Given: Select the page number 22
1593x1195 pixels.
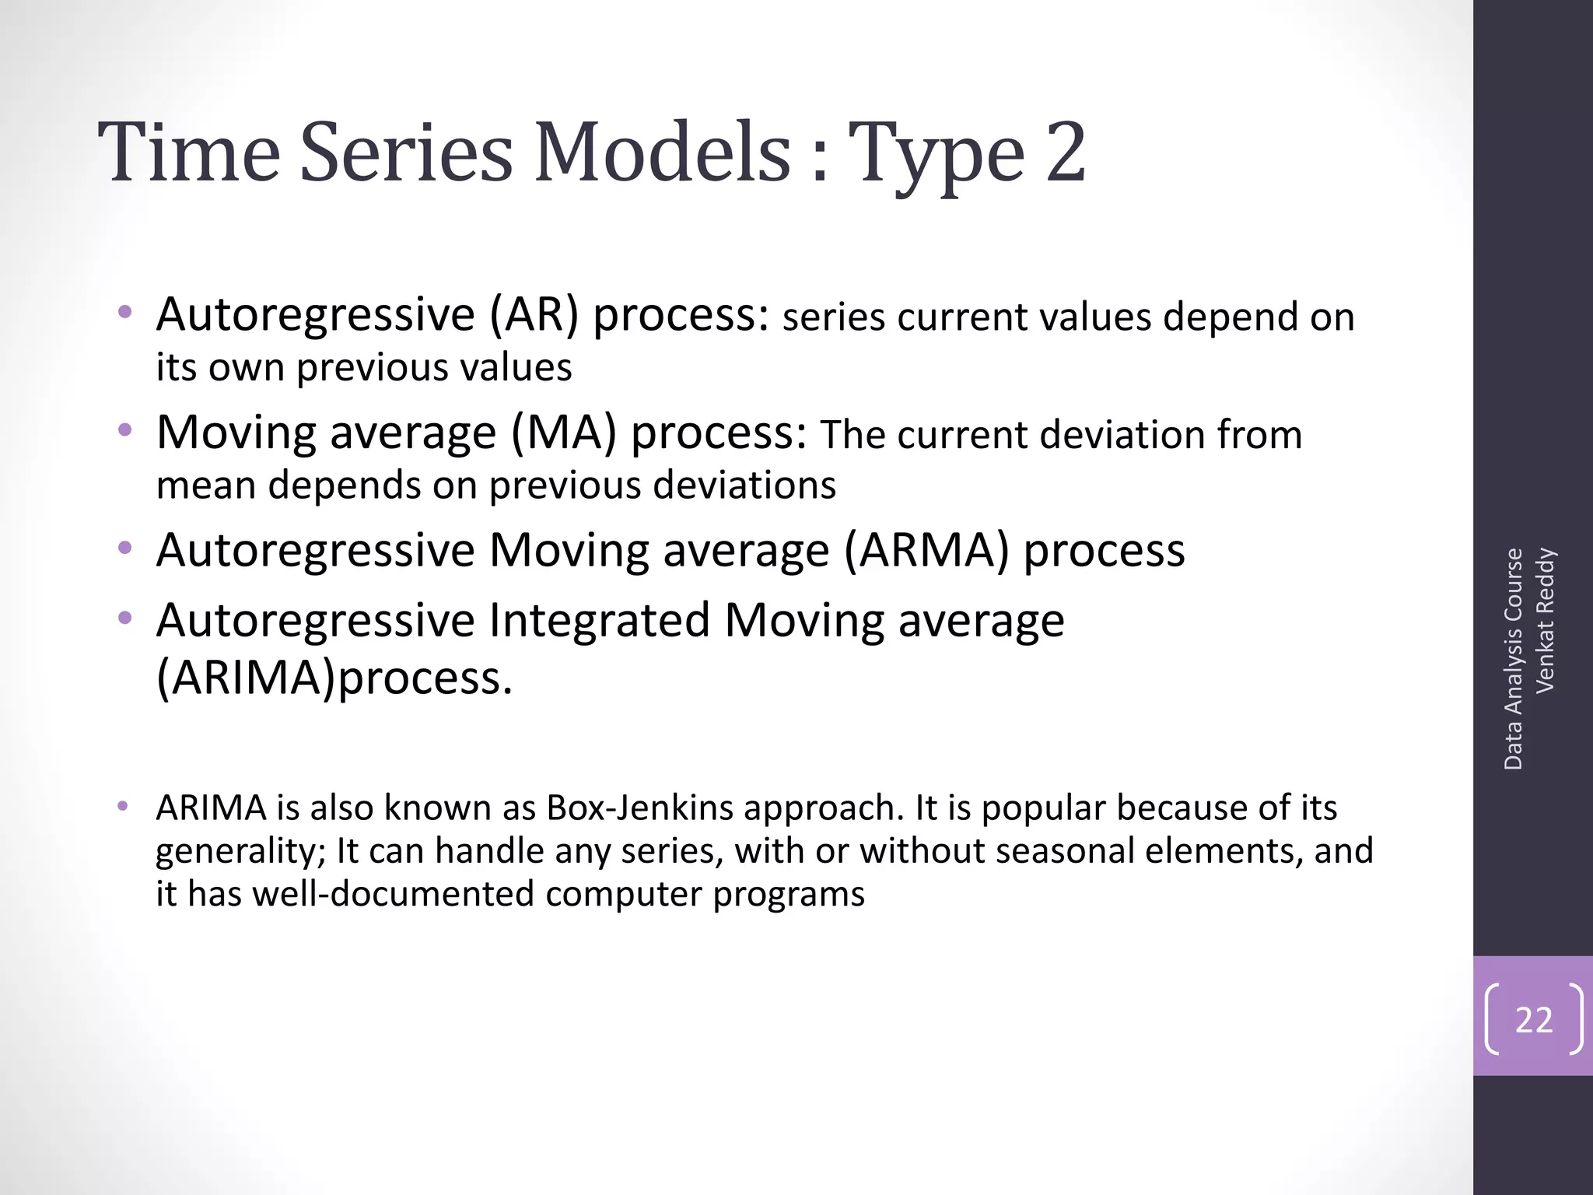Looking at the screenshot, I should pos(1534,1019).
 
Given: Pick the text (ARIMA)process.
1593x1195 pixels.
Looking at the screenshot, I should pos(334,677).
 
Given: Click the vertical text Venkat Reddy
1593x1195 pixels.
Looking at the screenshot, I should pos(1545,620).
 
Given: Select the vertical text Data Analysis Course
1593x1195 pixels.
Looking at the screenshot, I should pos(1513,659).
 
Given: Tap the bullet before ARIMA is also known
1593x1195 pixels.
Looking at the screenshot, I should pos(122,806).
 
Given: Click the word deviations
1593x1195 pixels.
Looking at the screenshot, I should pos(744,485).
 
